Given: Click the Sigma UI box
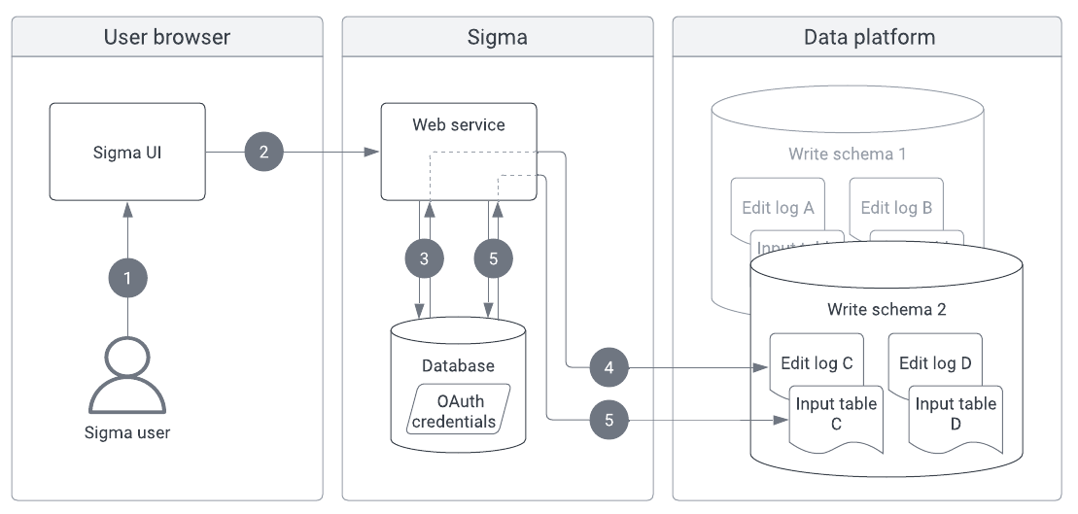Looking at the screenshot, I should (128, 152).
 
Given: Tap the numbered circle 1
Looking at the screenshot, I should (127, 278).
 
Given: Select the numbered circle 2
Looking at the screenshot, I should (263, 152).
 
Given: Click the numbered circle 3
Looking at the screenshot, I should (424, 258).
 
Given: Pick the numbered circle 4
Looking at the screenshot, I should (609, 368).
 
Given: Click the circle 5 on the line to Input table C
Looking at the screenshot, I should (609, 420).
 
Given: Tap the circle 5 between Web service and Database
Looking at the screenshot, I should (493, 258).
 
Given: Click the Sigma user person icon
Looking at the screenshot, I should (127, 374).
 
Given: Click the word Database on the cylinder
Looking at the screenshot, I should (458, 366).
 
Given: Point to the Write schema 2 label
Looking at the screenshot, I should (887, 310).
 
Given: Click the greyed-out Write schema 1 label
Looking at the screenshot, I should (848, 154).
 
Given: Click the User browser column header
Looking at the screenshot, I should (166, 38).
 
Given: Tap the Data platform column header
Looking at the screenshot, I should (868, 38).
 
